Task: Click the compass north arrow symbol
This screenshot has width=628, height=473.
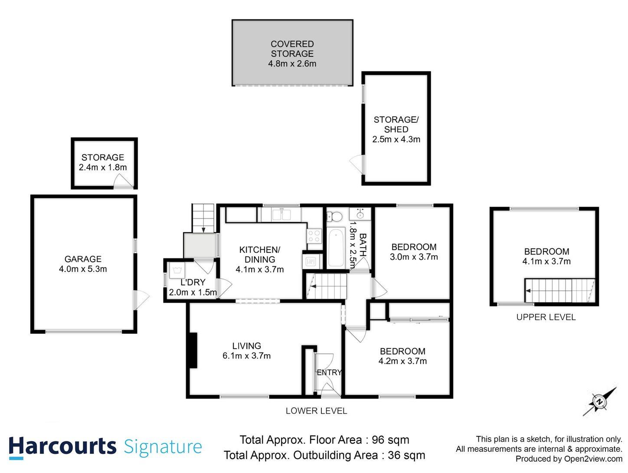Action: pyautogui.click(x=599, y=401)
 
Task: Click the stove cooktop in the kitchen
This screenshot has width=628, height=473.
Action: pyautogui.click(x=314, y=235)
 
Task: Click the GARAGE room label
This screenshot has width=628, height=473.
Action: pyautogui.click(x=82, y=259)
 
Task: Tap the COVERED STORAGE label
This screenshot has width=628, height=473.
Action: pyautogui.click(x=292, y=49)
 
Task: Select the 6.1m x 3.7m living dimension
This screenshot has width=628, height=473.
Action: pyautogui.click(x=246, y=356)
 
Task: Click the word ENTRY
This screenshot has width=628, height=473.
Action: pyautogui.click(x=329, y=372)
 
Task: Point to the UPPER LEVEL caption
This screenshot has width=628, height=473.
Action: pyautogui.click(x=546, y=317)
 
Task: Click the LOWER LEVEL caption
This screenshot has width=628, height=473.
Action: pyautogui.click(x=316, y=411)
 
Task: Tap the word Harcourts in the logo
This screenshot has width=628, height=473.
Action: pyautogui.click(x=62, y=447)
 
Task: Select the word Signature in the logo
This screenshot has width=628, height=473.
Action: pyautogui.click(x=163, y=447)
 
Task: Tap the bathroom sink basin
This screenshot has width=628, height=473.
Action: pyautogui.click(x=360, y=214)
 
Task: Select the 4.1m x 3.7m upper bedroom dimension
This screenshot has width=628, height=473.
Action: pyautogui.click(x=546, y=261)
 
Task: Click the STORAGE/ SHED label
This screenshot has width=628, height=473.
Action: pyautogui.click(x=396, y=124)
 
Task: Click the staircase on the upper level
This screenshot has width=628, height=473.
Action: pyautogui.click(x=559, y=290)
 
